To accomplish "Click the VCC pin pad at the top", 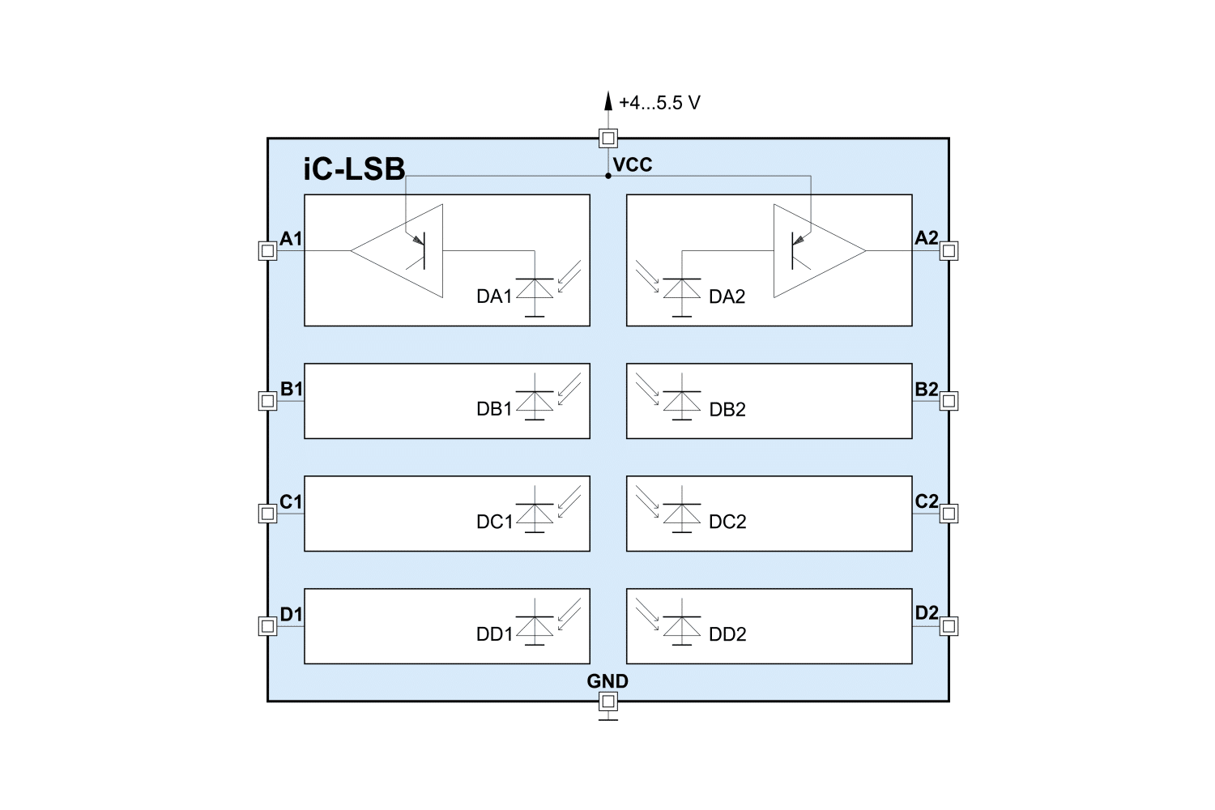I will (607, 138).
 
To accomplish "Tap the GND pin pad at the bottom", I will (607, 701).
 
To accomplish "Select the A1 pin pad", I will (267, 251).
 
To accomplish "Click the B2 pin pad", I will (949, 400).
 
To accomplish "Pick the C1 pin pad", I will (267, 513).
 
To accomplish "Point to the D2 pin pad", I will (949, 625).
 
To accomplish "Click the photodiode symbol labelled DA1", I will (535, 288).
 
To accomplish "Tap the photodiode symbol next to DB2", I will (682, 400).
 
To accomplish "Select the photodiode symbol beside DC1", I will (535, 513).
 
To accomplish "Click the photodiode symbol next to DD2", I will (682, 625).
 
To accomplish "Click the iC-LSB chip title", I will (354, 170).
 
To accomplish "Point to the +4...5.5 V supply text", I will (659, 103).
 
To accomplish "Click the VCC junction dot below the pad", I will (607, 176).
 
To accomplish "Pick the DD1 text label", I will (494, 634).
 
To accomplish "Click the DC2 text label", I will (727, 522).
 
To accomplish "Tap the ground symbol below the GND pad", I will (607, 718).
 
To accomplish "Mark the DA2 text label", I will (727, 296).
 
